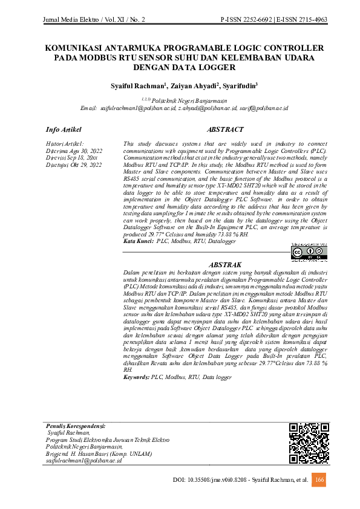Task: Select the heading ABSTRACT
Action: click(x=225, y=130)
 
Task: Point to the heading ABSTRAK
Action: click(x=225, y=265)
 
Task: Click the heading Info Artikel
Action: click(x=64, y=130)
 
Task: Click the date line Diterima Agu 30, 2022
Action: click(x=74, y=150)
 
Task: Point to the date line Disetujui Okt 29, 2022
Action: click(x=74, y=164)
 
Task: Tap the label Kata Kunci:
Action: click(x=138, y=241)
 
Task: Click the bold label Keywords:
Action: click(x=136, y=377)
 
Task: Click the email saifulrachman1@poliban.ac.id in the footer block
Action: click(x=84, y=461)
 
